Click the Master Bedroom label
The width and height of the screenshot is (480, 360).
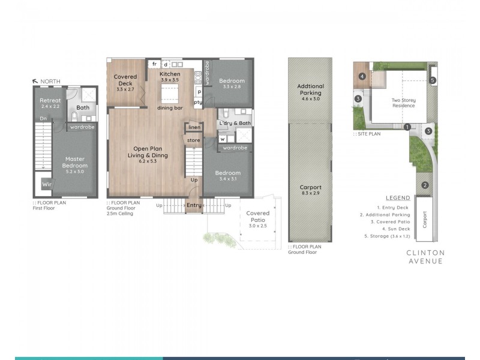tap(76, 162)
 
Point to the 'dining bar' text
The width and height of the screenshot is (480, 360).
tap(170, 108)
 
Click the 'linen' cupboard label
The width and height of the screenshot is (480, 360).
tap(194, 127)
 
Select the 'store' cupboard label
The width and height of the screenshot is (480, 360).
tap(193, 140)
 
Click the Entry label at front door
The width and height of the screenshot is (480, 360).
tap(194, 206)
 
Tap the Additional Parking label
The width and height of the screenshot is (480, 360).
tap(310, 89)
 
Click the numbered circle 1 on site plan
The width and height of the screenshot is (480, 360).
tap(407, 127)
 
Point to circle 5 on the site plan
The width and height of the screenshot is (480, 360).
tap(433, 80)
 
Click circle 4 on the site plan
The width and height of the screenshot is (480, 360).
tap(362, 76)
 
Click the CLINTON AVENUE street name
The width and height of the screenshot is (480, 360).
tap(424, 257)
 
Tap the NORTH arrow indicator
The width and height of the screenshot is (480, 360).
tap(37, 80)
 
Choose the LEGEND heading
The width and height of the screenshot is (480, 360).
tap(398, 198)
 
